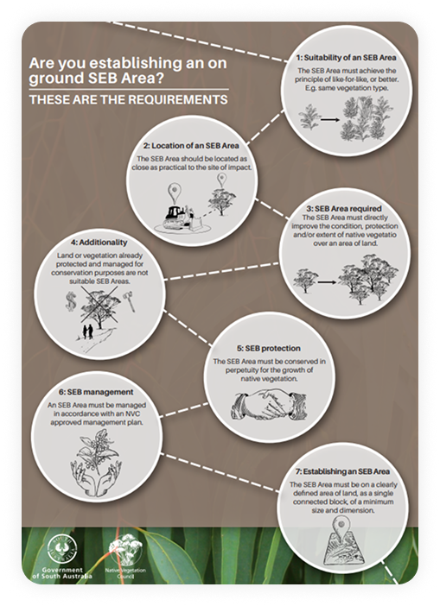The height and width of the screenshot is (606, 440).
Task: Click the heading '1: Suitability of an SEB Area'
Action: click(347, 58)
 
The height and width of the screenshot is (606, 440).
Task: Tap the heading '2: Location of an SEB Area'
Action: click(191, 146)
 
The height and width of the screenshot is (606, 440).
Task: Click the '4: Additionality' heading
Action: click(99, 243)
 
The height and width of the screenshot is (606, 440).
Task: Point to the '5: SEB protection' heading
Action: click(269, 348)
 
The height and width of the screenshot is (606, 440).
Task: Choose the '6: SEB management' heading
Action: click(96, 392)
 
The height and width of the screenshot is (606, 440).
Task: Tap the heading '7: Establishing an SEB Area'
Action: click(342, 471)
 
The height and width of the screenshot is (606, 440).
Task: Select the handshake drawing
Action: click(270, 405)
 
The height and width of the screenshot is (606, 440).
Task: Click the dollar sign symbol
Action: click(71, 301)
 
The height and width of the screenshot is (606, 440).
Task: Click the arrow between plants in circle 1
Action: click(330, 120)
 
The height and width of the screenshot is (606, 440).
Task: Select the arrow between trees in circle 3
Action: click(327, 282)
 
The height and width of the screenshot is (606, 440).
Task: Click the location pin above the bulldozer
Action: click(175, 193)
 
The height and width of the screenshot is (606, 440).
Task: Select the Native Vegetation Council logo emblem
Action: click(125, 551)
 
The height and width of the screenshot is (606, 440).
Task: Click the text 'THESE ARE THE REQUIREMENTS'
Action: click(129, 100)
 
